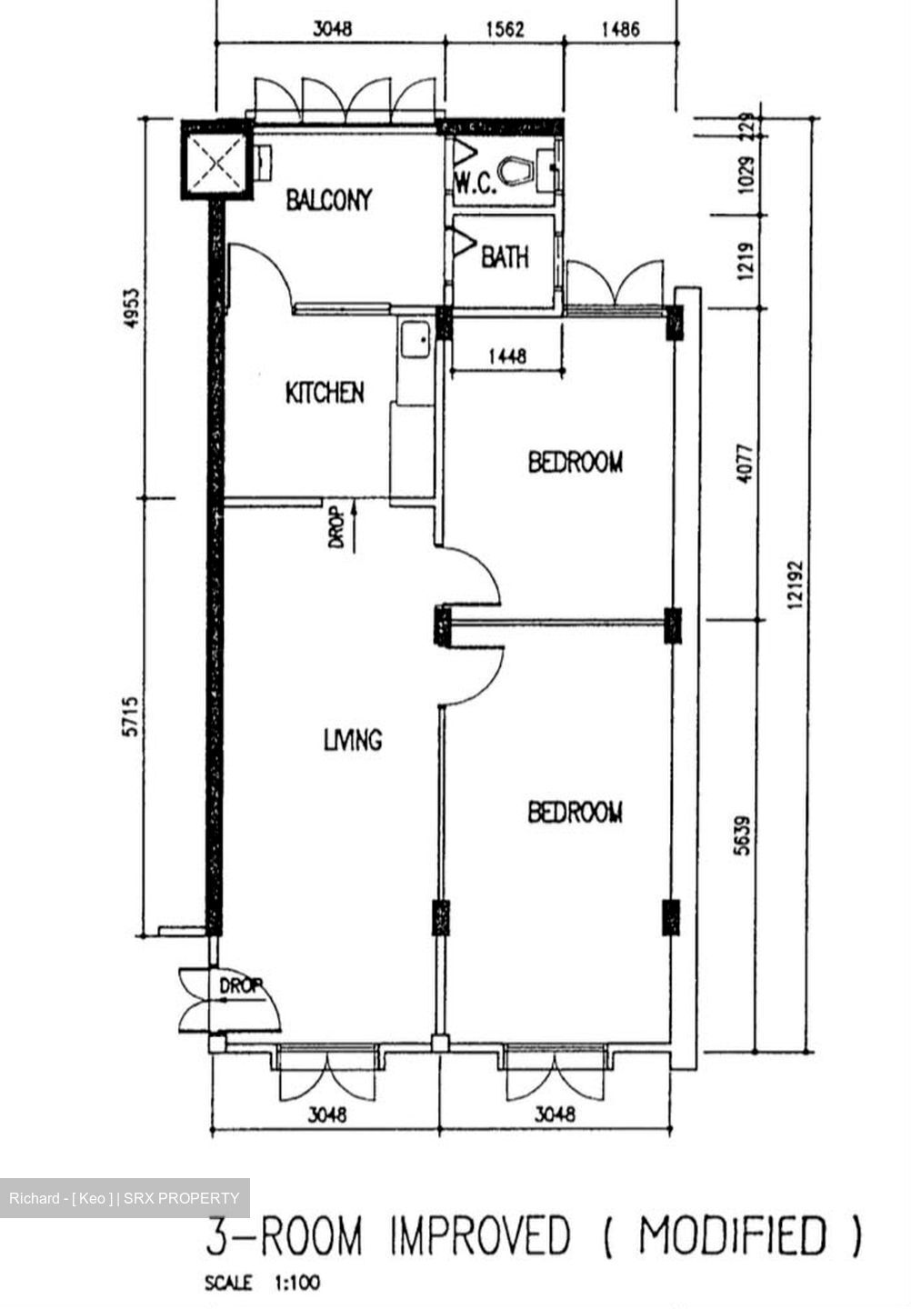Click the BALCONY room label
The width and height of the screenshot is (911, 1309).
coord(328,200)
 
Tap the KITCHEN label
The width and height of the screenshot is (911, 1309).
coord(325,392)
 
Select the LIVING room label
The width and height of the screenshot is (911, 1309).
coord(353,740)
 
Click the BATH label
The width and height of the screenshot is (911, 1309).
coord(505,256)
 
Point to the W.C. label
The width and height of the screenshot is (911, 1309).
coord(476,185)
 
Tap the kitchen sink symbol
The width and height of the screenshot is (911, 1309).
coord(415,338)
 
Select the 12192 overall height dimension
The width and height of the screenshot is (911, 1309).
coord(796,585)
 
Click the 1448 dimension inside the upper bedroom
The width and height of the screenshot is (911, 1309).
coord(506,355)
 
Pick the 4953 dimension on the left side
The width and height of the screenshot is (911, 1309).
coord(133,307)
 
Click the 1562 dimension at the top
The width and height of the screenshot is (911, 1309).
coord(506,29)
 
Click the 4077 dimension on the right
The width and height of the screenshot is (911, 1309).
coord(746,464)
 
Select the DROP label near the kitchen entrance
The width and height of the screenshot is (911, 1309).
coord(336,531)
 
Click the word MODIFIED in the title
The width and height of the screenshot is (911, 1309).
coord(732,1235)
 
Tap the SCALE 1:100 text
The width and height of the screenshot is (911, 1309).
coord(263,1284)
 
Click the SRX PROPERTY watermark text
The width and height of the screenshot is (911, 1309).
coord(182,1198)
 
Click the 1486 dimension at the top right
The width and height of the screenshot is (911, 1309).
coord(621,29)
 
